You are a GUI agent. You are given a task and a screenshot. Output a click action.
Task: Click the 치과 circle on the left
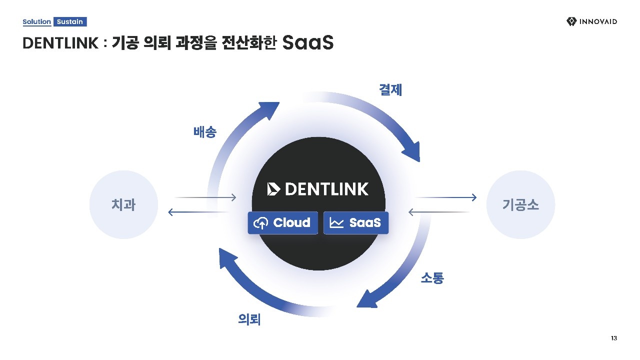click(x=123, y=204)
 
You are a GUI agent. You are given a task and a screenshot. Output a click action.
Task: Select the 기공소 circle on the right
click(x=520, y=204)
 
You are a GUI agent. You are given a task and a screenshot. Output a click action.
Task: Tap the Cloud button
click(x=282, y=223)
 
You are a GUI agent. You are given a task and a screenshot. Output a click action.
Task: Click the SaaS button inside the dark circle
click(x=356, y=223)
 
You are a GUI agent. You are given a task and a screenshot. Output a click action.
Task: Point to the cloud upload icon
click(x=261, y=223)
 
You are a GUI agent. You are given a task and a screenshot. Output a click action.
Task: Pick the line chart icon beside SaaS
click(x=336, y=223)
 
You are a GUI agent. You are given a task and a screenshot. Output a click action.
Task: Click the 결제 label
click(x=390, y=90)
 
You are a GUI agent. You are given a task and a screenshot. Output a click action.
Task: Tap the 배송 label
click(x=205, y=132)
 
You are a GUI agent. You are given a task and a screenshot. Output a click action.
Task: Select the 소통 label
click(x=432, y=278)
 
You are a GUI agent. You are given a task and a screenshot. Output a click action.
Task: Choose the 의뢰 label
click(x=249, y=319)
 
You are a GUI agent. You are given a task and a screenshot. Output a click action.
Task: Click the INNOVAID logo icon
click(x=571, y=21)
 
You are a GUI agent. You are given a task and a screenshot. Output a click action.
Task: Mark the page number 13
click(x=614, y=338)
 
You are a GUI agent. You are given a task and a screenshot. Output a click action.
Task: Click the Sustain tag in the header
click(x=70, y=22)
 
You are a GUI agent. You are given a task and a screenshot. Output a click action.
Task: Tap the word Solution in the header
click(x=36, y=22)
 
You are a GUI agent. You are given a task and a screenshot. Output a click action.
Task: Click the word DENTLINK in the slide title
click(x=60, y=44)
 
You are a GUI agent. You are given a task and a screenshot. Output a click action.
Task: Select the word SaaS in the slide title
click(x=308, y=43)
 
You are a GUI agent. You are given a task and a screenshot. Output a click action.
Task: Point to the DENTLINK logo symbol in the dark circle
click(x=274, y=189)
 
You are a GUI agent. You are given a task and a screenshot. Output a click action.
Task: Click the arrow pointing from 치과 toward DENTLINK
click(x=205, y=197)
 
